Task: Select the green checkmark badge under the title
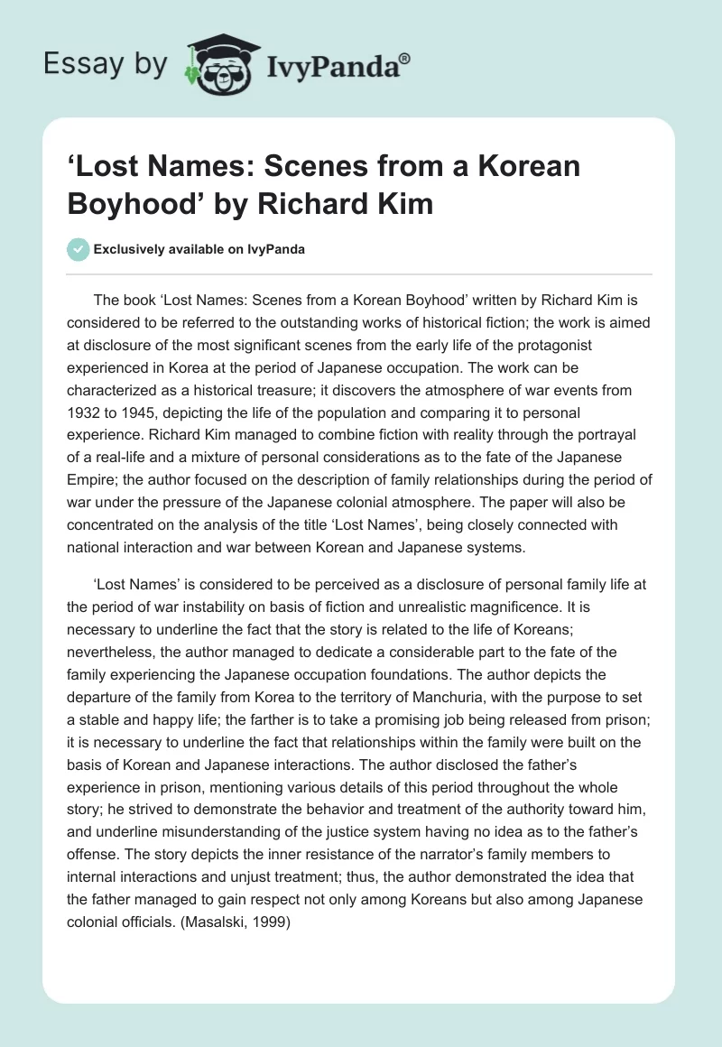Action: [x=79, y=250]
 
